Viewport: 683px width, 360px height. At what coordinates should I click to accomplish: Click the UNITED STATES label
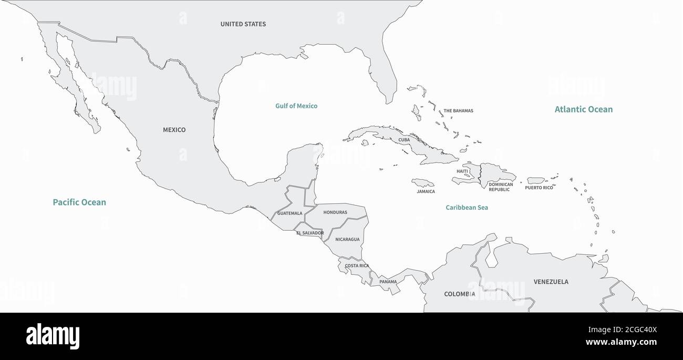coord(243,24)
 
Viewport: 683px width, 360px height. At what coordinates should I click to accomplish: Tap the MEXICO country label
coord(174,130)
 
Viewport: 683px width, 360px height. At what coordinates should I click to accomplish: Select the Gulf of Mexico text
coord(296,106)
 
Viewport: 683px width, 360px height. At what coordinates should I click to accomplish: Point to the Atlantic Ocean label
coord(583,109)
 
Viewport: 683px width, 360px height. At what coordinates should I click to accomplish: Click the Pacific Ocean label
coord(79,202)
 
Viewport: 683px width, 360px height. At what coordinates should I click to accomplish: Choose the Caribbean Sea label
coord(467,208)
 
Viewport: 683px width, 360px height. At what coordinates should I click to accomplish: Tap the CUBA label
coord(404,140)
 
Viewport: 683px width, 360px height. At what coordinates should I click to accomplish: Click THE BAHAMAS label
coord(458,111)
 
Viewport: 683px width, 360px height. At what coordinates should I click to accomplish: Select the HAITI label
coord(462,171)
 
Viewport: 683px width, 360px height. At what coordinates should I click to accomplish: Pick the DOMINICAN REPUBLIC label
coord(500,187)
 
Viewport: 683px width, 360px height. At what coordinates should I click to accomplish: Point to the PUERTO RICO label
coord(539,188)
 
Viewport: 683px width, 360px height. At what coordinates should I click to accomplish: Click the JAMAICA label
coord(426,191)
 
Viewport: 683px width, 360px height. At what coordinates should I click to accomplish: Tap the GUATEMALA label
coord(289,213)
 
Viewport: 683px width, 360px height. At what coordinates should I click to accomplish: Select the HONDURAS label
coord(335,212)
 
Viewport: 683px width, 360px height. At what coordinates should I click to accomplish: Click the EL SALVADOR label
coord(310,233)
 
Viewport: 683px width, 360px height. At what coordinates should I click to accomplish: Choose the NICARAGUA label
coord(347,240)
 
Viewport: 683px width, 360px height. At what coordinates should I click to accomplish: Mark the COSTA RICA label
coord(357,266)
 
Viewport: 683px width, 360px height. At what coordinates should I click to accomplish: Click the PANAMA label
coord(388,282)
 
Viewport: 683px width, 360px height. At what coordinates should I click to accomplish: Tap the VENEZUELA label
coord(551,282)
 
